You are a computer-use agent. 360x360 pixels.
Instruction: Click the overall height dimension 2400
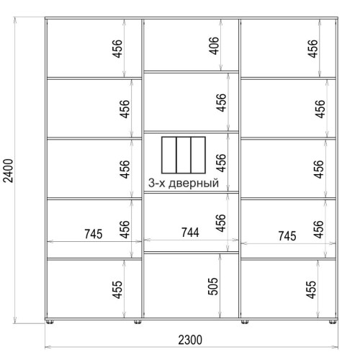click(x=9, y=171)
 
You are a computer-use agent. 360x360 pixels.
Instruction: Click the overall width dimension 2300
click(x=190, y=340)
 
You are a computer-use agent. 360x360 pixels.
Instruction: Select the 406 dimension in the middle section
click(x=214, y=45)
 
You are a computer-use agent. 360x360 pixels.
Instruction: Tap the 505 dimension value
click(x=212, y=286)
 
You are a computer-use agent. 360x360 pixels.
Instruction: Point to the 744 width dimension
click(x=190, y=233)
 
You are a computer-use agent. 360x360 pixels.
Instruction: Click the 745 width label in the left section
click(x=94, y=234)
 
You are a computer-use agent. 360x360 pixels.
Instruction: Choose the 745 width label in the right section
click(x=287, y=235)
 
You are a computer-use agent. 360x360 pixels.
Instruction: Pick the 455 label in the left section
click(x=117, y=289)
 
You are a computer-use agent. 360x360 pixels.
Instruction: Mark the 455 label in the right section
click(x=311, y=289)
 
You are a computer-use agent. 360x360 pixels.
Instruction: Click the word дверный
click(x=194, y=183)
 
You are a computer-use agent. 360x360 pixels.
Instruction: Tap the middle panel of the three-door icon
click(x=184, y=155)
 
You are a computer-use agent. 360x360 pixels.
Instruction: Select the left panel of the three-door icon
click(x=169, y=155)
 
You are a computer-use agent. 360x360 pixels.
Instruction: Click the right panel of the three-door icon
click(x=198, y=155)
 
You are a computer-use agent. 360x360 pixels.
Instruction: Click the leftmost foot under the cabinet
click(x=50, y=322)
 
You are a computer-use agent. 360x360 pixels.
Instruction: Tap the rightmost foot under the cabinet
click(x=333, y=322)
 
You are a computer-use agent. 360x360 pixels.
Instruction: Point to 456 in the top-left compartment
click(x=117, y=49)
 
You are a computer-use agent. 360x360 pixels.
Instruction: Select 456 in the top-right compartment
click(x=312, y=49)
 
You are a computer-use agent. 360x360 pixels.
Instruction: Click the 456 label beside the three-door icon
click(x=221, y=163)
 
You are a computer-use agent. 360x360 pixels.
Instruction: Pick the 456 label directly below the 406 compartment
click(x=221, y=103)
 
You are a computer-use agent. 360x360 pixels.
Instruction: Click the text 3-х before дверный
click(x=157, y=183)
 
